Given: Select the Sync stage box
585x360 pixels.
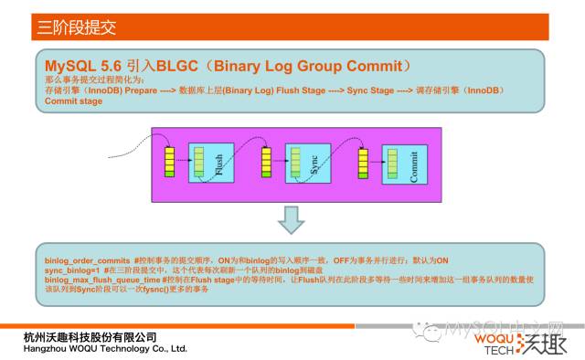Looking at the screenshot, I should [x=306, y=165].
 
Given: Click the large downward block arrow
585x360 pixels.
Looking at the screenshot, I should [x=291, y=219].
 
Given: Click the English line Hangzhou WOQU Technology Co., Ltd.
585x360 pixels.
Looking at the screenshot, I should [x=105, y=349].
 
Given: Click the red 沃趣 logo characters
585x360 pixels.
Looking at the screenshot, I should [x=541, y=344].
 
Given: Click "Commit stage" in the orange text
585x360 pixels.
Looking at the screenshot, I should [x=73, y=101].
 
